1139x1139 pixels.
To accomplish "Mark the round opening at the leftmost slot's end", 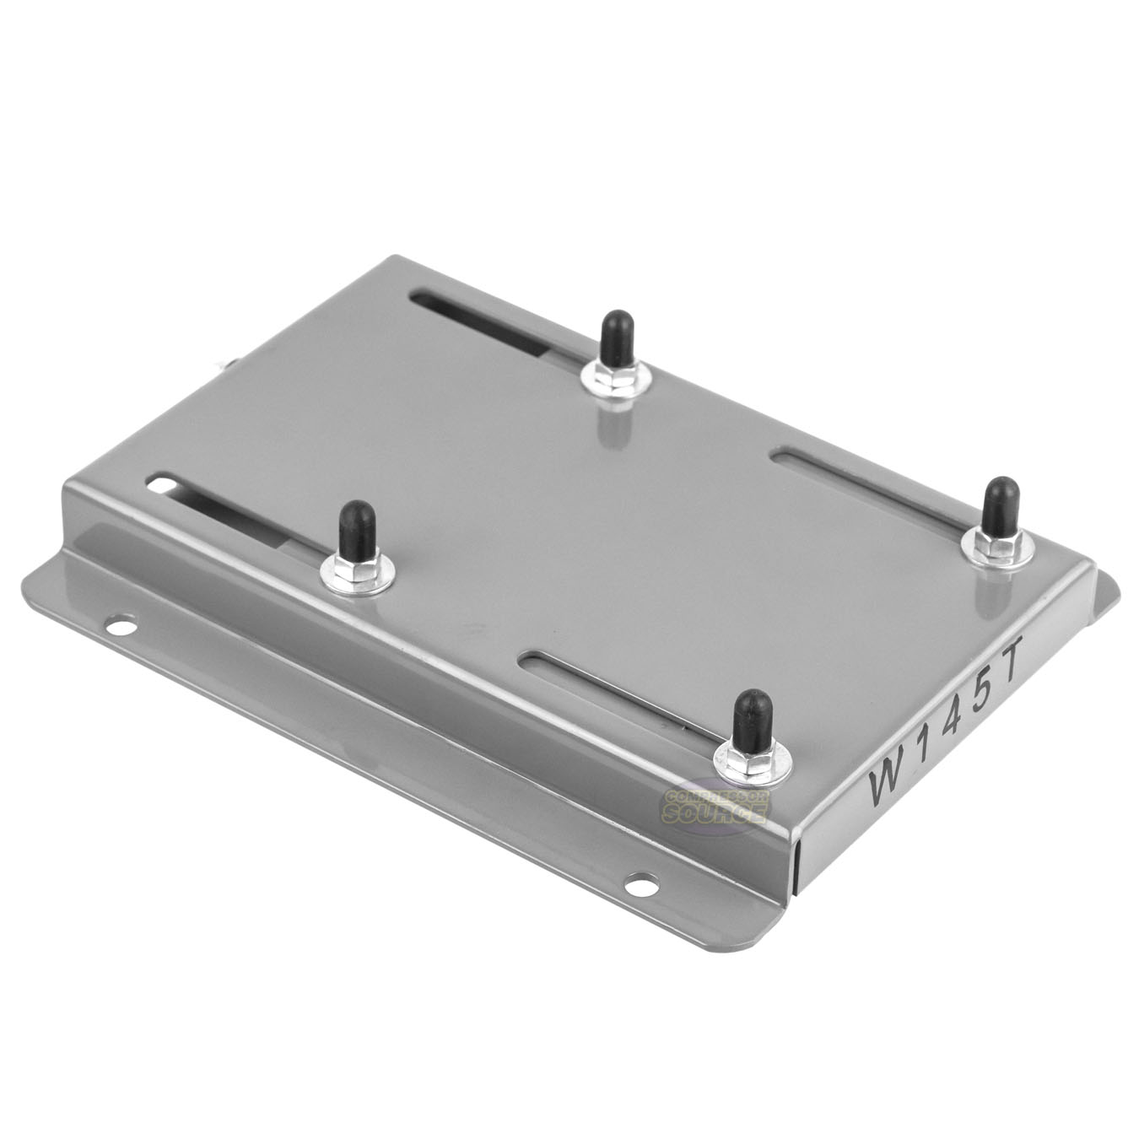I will pyautogui.click(x=160, y=484).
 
